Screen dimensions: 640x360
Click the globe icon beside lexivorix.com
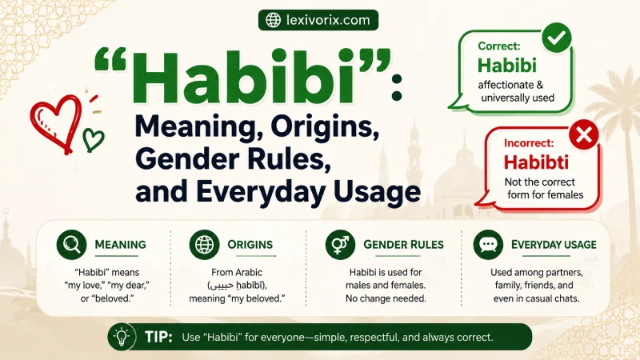[x=274, y=20]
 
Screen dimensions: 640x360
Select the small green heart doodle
[x=93, y=139]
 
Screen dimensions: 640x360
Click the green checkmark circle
[x=557, y=38]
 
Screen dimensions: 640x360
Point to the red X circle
[x=584, y=134]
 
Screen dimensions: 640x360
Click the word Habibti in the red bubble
[x=536, y=162]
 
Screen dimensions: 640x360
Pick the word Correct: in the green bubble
[x=498, y=46]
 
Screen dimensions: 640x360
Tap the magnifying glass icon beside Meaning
[x=71, y=245]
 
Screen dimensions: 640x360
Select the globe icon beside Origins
[x=205, y=245]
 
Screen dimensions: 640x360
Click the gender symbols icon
[x=341, y=245]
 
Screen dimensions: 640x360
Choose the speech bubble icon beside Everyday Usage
[x=488, y=245]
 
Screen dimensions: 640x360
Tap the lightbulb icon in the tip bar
[x=122, y=337]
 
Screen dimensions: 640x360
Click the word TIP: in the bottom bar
[x=158, y=337]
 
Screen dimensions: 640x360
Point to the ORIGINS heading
[x=250, y=245]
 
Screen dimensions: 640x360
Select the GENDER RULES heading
[x=403, y=245]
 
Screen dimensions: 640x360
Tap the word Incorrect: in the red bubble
[x=529, y=143]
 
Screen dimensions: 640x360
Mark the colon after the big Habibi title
[x=396, y=88]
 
